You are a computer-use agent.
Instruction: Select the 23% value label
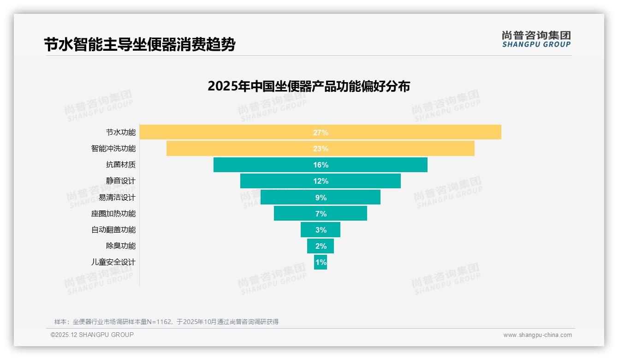(x=321, y=149)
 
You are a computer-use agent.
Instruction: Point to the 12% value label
(x=321, y=181)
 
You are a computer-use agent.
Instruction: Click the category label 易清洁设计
(x=117, y=198)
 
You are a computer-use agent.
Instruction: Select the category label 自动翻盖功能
(x=113, y=230)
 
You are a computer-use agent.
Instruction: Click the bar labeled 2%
(x=321, y=246)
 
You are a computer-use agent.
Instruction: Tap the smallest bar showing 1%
(x=321, y=262)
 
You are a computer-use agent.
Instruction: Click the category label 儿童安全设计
(x=113, y=262)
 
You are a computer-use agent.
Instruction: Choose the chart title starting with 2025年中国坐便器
(x=309, y=86)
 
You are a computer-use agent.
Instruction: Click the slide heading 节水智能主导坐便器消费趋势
(x=140, y=45)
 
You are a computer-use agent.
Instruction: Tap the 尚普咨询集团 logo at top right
(x=536, y=39)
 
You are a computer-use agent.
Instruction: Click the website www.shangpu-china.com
(x=537, y=335)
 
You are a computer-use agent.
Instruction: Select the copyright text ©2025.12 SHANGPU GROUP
(x=92, y=335)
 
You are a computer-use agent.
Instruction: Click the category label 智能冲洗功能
(x=113, y=149)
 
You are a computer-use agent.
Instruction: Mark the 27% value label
(x=321, y=132)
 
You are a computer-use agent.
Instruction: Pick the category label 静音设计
(x=121, y=181)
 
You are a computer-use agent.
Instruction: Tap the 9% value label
(x=321, y=198)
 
